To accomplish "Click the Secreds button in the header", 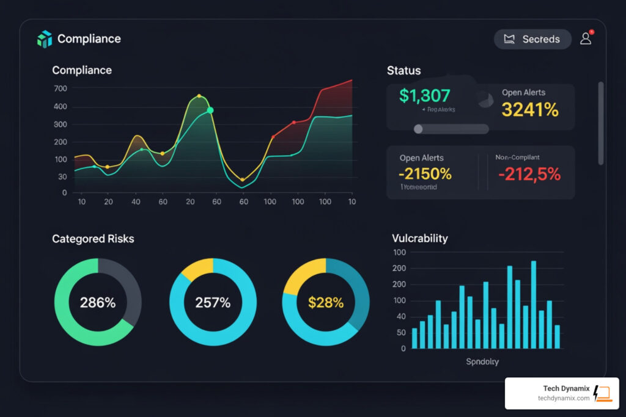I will (x=532, y=39).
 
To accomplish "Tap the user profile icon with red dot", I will (x=586, y=38).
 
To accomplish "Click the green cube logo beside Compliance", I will (x=45, y=39).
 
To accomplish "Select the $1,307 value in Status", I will (x=424, y=96).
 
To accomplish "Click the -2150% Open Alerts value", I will (x=425, y=173).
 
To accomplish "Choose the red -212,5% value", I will (x=529, y=174).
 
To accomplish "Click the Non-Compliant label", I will (x=517, y=158).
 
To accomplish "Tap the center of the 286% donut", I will (x=98, y=302).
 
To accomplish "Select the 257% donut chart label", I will (x=213, y=302).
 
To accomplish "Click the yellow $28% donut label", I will (x=326, y=302).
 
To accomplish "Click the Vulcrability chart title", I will (x=419, y=238).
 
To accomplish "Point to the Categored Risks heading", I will (x=93, y=239).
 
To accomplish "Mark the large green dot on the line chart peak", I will (x=210, y=111).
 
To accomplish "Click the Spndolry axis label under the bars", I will (x=482, y=361).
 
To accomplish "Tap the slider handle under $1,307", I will (x=418, y=129).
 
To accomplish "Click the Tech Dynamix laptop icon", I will (x=602, y=393).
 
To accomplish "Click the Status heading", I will (x=403, y=71).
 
